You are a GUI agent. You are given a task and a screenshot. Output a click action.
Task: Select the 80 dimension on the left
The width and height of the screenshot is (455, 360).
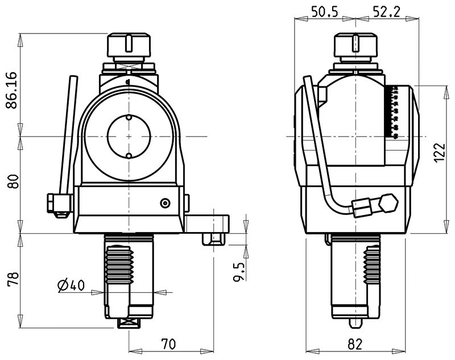click(13, 183)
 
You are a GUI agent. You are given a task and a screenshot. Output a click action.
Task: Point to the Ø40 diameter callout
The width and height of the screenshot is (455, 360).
click(72, 285)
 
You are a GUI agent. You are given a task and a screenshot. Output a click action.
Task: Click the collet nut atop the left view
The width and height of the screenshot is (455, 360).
click(129, 45)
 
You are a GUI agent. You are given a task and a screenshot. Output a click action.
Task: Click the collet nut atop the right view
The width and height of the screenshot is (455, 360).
click(357, 45)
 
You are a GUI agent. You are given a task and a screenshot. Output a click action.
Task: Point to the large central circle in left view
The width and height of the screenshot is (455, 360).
click(129, 137)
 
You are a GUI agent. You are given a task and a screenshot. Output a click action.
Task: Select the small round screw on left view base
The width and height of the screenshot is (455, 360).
click(165, 203)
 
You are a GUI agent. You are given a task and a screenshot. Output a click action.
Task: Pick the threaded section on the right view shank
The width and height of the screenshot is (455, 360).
click(371, 264)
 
